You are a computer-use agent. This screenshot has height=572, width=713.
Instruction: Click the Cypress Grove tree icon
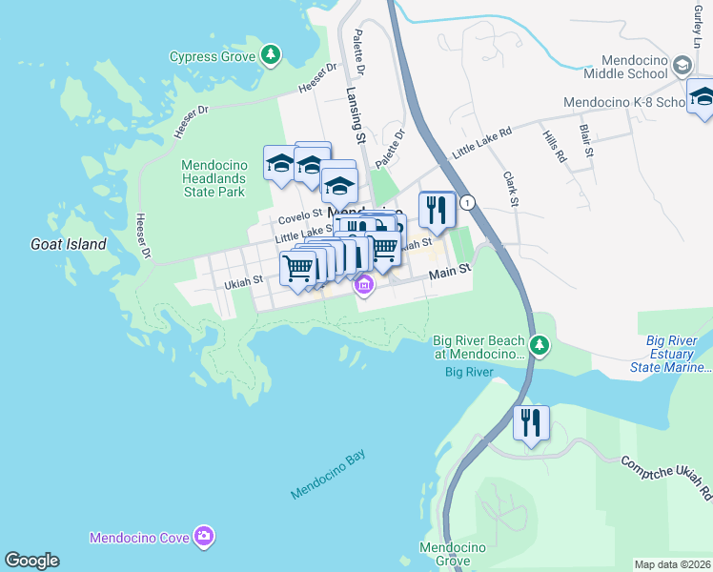pos(272,55)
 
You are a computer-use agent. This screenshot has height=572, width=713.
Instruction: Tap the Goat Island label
pos(67,244)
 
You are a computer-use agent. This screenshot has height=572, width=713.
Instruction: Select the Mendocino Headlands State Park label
pos(214,178)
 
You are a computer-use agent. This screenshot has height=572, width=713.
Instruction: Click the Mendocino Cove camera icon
pos(203,537)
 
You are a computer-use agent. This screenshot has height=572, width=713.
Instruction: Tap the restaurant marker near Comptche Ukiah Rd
pos(531,422)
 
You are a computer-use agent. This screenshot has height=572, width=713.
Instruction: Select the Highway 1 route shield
pos(467,202)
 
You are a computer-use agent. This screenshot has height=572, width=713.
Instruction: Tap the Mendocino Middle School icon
pos(682,65)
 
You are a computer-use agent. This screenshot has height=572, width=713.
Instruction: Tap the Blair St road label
pos(587,139)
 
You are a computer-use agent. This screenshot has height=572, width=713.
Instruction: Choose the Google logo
pos(31,561)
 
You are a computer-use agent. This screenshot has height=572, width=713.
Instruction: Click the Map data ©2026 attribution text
pos(672,564)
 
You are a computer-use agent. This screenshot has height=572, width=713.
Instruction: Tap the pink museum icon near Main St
pos(364,284)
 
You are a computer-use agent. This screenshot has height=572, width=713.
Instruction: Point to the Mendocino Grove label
pos(454,554)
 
